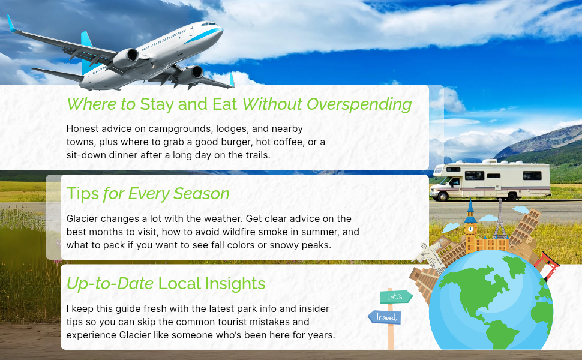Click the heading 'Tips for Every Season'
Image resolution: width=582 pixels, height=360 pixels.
[x=148, y=194]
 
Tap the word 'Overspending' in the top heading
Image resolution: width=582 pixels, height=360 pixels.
[x=359, y=104]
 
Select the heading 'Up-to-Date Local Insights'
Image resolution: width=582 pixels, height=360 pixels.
[x=166, y=284]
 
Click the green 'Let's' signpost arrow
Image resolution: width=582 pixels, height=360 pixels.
[x=395, y=297]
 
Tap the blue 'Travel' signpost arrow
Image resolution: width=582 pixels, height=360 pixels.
[x=385, y=317]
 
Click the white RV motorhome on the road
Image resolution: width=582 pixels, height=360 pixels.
[x=490, y=181]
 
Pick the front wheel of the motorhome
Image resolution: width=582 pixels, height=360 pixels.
[x=443, y=196]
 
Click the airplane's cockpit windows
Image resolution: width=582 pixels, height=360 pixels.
[x=209, y=24]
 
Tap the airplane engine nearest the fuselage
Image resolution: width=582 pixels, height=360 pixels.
[x=126, y=59]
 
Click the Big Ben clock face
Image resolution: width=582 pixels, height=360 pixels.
[x=470, y=229]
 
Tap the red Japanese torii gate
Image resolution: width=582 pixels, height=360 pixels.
[x=547, y=264]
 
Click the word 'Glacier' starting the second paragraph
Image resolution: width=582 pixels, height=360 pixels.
[x=79, y=218]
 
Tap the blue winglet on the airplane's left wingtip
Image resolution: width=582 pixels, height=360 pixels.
[x=11, y=23]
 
